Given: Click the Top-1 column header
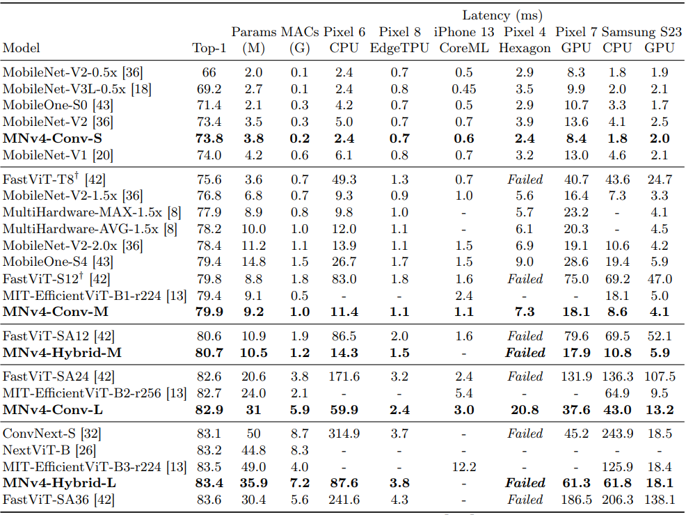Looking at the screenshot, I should click(209, 48).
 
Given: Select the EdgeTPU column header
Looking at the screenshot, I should click(399, 48).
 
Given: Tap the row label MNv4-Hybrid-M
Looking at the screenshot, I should click(62, 353).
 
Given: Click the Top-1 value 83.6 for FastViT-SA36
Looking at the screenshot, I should click(209, 500).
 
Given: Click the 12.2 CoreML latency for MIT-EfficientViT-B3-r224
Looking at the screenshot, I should click(464, 466).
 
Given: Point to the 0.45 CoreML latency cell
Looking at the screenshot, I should click(464, 88).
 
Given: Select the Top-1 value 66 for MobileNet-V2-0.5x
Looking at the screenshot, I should click(209, 72).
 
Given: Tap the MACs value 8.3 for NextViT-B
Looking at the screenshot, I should click(300, 450).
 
